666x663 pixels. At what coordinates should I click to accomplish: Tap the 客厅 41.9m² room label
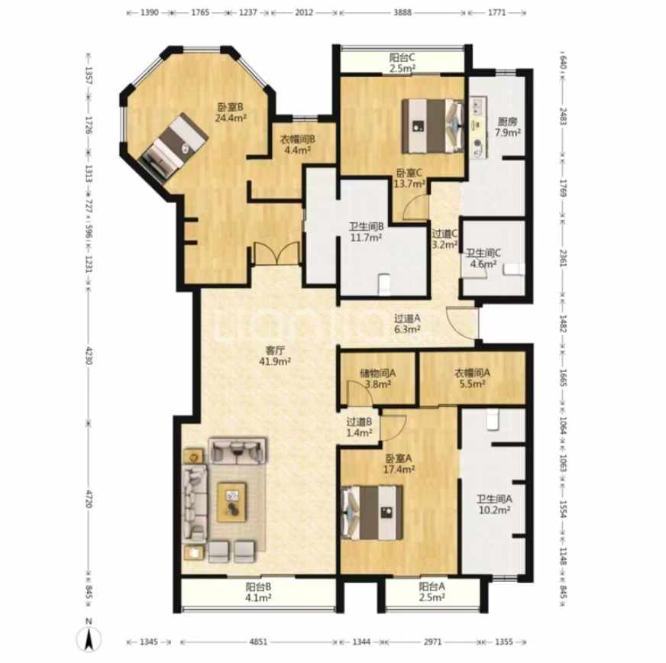pyautogui.click(x=275, y=356)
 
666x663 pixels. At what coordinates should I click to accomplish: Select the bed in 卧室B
pyautogui.click(x=173, y=147)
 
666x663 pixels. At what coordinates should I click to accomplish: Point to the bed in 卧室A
pyautogui.click(x=373, y=513)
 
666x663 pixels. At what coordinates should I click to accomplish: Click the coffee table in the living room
pyautogui.click(x=232, y=502)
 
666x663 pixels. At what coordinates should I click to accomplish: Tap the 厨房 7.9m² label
pyautogui.click(x=508, y=127)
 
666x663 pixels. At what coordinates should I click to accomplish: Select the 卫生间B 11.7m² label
pyautogui.click(x=367, y=232)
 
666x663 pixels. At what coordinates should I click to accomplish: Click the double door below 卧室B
pyautogui.click(x=277, y=254)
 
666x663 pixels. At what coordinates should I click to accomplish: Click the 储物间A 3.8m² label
pyautogui.click(x=378, y=379)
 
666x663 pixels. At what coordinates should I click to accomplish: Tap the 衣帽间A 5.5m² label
pyautogui.click(x=472, y=378)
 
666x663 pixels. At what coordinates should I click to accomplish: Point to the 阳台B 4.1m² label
pyautogui.click(x=258, y=592)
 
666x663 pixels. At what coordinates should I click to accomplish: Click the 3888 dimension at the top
pyautogui.click(x=403, y=12)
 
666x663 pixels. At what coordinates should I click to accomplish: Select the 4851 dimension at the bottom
pyautogui.click(x=258, y=642)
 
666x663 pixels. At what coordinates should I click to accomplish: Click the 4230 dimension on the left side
pyautogui.click(x=89, y=355)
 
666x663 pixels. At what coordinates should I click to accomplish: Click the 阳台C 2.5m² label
pyautogui.click(x=403, y=63)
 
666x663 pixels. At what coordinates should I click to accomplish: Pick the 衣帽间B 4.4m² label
pyautogui.click(x=297, y=144)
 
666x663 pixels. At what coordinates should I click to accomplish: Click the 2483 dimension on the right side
pyautogui.click(x=563, y=116)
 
